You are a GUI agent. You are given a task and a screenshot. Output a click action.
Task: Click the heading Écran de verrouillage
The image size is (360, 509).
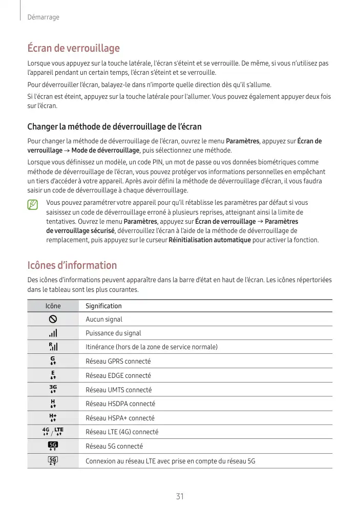[73, 48]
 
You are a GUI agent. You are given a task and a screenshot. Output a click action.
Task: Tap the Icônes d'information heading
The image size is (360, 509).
[72, 265]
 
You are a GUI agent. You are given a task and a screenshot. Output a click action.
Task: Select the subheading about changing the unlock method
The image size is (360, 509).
[114, 126]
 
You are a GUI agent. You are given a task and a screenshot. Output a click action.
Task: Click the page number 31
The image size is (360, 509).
[180, 496]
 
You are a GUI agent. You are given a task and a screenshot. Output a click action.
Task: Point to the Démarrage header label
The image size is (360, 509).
[43, 17]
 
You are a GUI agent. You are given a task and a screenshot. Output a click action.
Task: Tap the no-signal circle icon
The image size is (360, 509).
[53, 319]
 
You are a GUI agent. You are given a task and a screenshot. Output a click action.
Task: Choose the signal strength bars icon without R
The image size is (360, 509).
[53, 333]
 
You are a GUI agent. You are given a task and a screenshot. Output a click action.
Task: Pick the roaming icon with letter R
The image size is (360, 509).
[53, 347]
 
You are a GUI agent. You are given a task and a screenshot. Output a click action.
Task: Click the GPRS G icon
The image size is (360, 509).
[53, 361]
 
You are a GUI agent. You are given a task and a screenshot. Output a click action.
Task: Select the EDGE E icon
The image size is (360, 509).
[53, 375]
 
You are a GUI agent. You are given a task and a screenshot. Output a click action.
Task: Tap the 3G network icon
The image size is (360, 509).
[53, 389]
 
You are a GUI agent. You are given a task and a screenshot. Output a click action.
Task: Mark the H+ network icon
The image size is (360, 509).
[53, 418]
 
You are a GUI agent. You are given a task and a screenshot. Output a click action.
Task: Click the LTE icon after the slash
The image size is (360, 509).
[58, 432]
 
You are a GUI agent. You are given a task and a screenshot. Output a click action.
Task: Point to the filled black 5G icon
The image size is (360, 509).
[53, 446]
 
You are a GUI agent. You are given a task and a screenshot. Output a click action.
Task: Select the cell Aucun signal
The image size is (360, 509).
[104, 319]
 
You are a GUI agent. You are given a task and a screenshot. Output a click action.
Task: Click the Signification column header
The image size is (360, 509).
[103, 306]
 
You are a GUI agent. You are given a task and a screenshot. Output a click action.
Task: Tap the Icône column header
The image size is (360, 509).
[53, 306]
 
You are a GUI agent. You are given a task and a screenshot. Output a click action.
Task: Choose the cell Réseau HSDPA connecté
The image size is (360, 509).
[120, 404]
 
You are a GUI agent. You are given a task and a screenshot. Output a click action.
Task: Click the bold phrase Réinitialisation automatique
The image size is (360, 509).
[209, 240]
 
